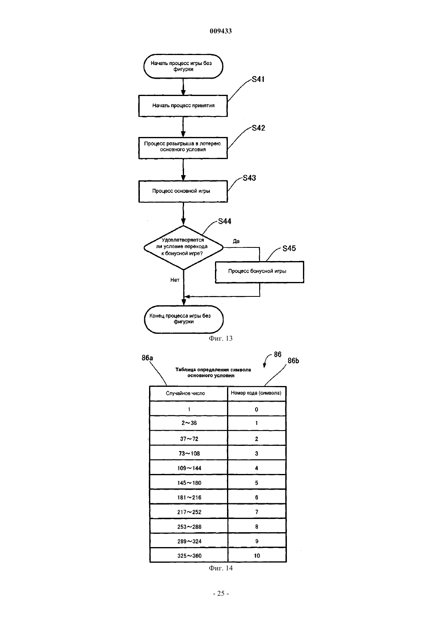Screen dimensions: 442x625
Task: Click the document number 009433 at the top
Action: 221,31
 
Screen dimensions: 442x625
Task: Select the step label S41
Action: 258,79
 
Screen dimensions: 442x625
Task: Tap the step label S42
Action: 258,128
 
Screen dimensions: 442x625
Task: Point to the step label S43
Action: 249,178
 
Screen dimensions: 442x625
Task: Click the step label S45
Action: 289,248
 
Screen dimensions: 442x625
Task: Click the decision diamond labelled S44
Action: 183,247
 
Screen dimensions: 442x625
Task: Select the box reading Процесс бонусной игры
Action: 260,272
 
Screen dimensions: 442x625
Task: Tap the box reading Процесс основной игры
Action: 183,192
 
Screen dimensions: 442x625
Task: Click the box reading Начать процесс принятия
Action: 183,106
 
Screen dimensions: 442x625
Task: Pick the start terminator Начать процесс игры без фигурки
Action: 183,66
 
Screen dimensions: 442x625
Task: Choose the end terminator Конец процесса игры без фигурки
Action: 184,319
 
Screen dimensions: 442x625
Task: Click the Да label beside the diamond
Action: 236,241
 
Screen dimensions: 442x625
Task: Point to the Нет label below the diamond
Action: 175,280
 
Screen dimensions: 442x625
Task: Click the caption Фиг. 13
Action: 221,339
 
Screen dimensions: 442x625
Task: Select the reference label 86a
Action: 147,358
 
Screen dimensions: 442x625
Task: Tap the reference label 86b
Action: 293,361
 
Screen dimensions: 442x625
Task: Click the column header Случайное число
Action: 185,393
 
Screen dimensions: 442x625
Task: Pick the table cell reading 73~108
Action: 189,453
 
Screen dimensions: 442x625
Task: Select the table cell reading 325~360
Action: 189,556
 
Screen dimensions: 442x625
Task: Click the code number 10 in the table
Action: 257,556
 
